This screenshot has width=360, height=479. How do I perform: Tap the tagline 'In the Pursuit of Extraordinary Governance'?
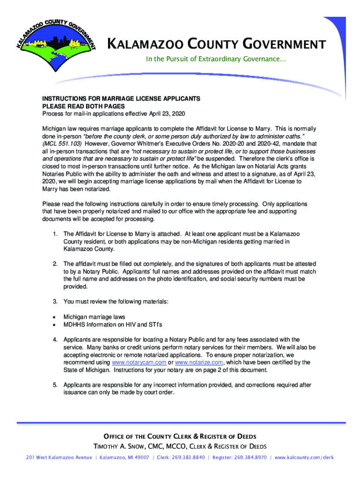[216, 59]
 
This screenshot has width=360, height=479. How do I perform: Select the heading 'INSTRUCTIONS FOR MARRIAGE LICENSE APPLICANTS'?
[121, 99]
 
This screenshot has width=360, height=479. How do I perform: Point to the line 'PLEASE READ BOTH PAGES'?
[84, 107]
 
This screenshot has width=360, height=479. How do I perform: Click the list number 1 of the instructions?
[55, 233]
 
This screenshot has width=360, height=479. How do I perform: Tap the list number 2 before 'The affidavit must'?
[55, 264]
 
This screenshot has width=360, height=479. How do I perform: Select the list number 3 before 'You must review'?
[55, 301]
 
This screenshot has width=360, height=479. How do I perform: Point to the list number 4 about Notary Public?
[55, 340]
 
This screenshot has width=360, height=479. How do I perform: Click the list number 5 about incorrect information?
[55, 385]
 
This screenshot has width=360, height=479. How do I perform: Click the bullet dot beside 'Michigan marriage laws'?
[54, 317]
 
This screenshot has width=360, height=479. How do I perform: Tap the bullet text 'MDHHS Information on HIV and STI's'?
[113, 324]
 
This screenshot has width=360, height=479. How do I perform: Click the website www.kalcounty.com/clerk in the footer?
[304, 457]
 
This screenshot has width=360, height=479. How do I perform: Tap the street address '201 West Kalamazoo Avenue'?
[59, 457]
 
